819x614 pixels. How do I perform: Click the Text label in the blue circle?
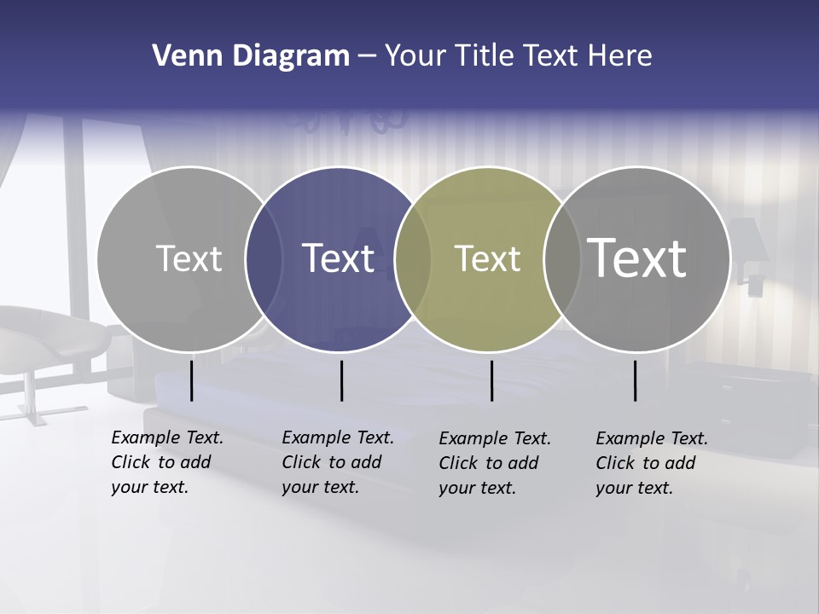pyautogui.click(x=339, y=258)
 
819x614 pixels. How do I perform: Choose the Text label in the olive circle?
pyautogui.click(x=487, y=258)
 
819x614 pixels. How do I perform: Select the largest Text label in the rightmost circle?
pyautogui.click(x=637, y=258)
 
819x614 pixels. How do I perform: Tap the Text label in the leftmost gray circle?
pyautogui.click(x=189, y=258)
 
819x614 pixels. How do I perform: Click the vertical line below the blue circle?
pyautogui.click(x=341, y=380)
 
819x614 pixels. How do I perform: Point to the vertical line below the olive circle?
pyautogui.click(x=491, y=380)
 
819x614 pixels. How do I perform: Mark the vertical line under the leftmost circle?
pyautogui.click(x=191, y=380)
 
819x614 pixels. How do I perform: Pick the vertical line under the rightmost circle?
pyautogui.click(x=636, y=380)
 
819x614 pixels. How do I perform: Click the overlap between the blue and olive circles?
pyautogui.click(x=413, y=259)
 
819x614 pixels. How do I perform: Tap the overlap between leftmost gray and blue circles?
pyautogui.click(x=264, y=259)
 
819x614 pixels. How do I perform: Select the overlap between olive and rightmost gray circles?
pyautogui.click(x=561, y=259)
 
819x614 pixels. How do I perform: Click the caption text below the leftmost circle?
pyautogui.click(x=166, y=462)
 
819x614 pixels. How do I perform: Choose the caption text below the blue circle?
pyautogui.click(x=337, y=462)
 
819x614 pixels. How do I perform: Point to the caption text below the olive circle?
pyautogui.click(x=494, y=463)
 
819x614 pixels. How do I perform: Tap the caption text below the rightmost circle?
pyautogui.click(x=651, y=463)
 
